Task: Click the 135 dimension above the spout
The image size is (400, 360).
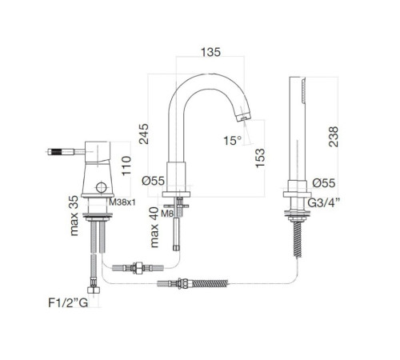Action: pos(210,52)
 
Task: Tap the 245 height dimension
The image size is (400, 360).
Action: pos(144,134)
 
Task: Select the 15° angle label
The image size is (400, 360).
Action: pos(233,141)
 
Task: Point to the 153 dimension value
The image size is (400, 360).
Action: pos(260,158)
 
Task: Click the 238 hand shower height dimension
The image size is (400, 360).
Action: pos(334,137)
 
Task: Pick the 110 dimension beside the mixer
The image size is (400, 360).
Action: pos(126,166)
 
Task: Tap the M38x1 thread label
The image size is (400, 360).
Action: pos(122,202)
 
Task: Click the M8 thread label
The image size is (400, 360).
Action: pos(167,214)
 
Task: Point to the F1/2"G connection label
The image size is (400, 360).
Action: pos(68,302)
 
